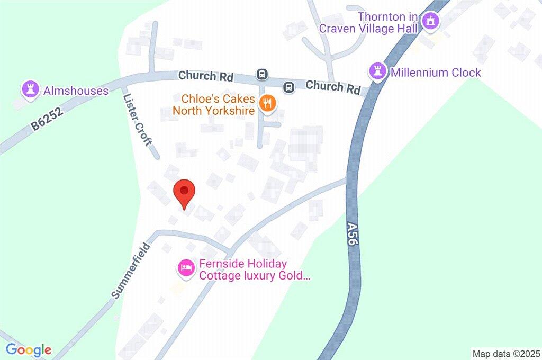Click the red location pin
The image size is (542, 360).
tap(184, 193)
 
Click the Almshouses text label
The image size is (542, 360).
tap(76, 91)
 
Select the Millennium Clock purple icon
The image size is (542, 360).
tap(377, 72)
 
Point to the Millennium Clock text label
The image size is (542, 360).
tap(436, 73)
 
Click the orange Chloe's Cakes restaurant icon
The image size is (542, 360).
tap(267, 103)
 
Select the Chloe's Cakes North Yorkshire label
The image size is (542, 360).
tap(218, 105)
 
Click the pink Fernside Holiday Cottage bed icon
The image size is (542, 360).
tap(185, 268)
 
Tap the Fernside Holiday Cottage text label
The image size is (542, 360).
tap(252, 269)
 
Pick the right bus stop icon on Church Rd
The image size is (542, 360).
tap(288, 86)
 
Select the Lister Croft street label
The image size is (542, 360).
tap(137, 120)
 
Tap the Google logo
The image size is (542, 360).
tap(29, 349)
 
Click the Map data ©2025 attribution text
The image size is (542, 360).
tap(506, 353)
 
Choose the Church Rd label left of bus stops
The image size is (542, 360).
tap(206, 76)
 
